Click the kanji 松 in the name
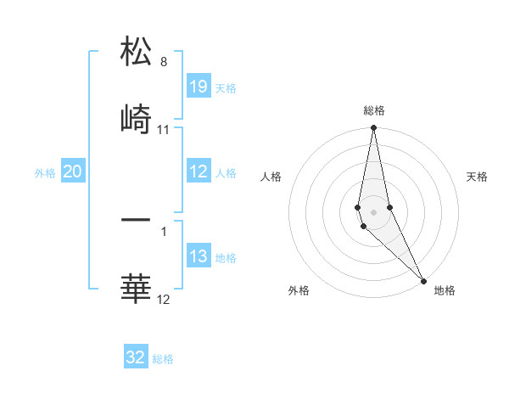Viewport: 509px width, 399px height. click(136, 51)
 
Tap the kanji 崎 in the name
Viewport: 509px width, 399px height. click(136, 120)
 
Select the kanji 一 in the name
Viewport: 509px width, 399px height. click(136, 220)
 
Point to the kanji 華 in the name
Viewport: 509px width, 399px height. click(136, 289)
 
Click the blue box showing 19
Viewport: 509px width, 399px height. click(199, 87)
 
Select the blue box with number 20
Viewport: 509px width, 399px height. click(73, 171)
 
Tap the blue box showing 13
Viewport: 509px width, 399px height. click(199, 256)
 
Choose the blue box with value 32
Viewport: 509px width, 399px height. click(136, 357)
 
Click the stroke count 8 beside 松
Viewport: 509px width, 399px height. click(164, 62)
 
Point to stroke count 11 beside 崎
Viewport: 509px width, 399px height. click(164, 130)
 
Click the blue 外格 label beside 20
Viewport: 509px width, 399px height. click(45, 173)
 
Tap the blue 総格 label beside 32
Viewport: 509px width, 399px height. click(163, 359)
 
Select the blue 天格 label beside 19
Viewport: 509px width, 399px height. click(226, 88)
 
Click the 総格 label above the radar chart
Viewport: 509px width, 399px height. click(374, 110)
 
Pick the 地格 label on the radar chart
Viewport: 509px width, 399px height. click(445, 291)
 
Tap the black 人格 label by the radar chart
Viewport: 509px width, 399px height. click(271, 177)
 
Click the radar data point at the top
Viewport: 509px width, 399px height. click(373, 128)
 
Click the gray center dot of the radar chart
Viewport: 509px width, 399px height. click(374, 211)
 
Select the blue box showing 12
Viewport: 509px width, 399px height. click(199, 171)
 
